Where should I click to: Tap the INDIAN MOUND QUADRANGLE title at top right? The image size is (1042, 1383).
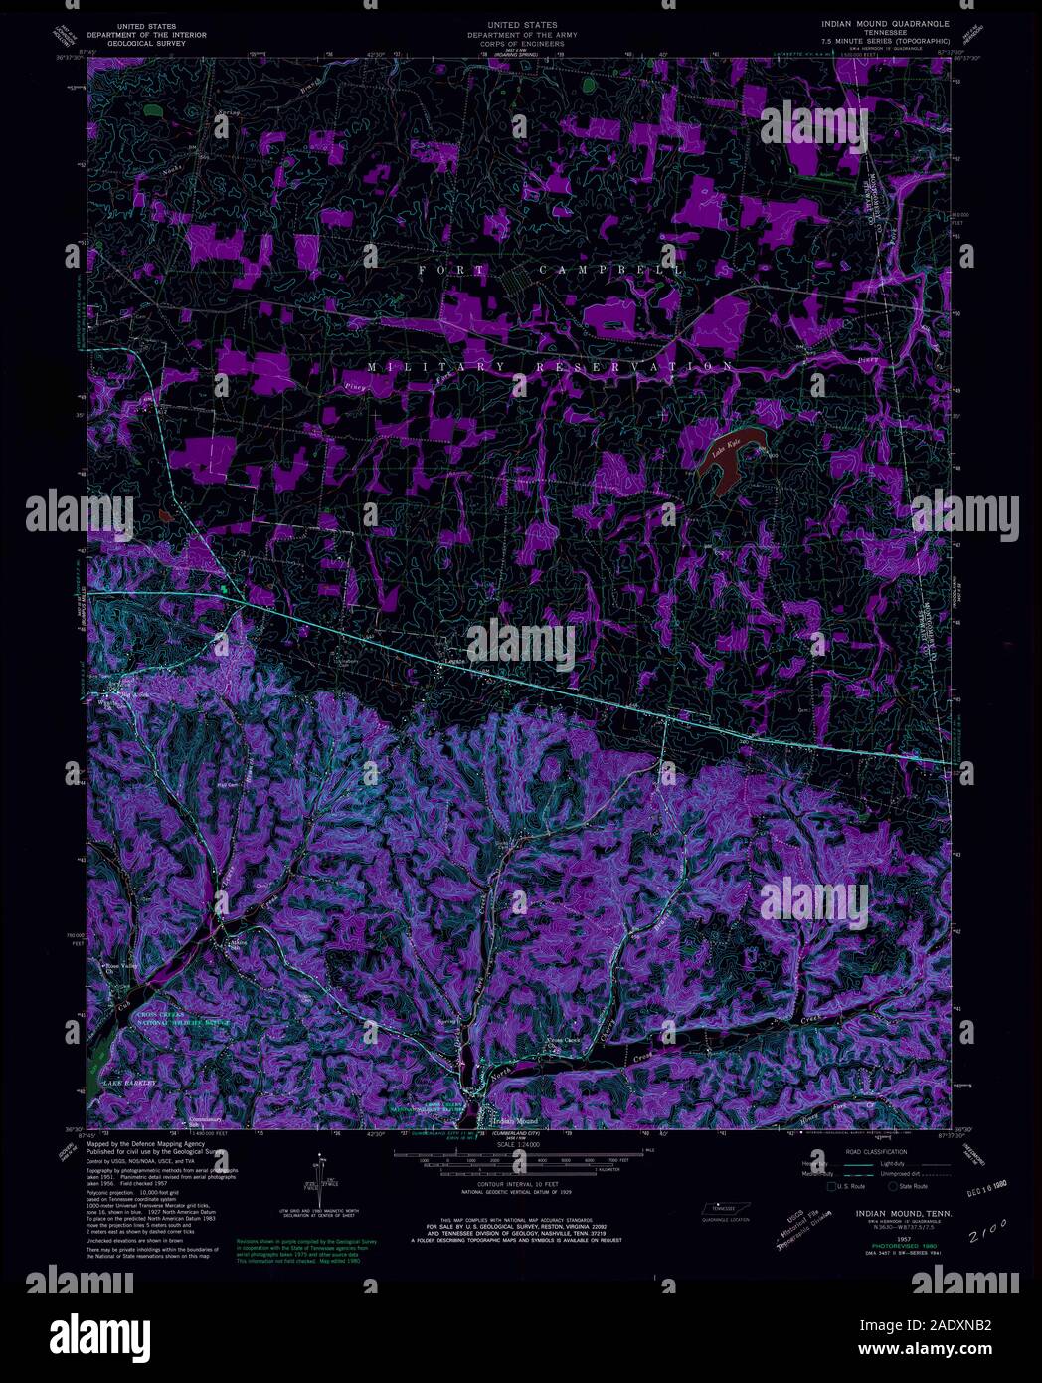(x=884, y=22)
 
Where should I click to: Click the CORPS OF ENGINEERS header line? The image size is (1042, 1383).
(x=521, y=44)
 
